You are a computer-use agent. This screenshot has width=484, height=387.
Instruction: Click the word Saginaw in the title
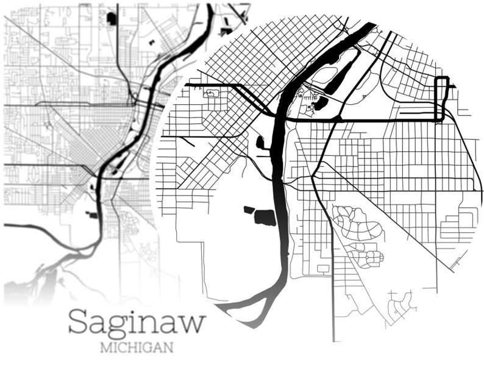pos(137,322)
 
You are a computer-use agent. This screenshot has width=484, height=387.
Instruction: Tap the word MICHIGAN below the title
pos(137,349)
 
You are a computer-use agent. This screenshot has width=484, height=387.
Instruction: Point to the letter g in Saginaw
pos(117,327)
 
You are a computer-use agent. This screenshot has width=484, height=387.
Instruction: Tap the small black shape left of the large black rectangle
pos(249,210)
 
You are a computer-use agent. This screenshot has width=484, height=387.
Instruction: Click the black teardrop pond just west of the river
pos(261,143)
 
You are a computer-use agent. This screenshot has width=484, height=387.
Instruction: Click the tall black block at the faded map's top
pos(112,18)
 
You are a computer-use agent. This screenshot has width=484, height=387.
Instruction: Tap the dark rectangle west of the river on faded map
pos(92,214)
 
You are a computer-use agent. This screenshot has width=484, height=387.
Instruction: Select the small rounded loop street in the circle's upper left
pos(212,93)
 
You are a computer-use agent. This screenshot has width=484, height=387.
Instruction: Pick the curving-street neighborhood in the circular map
pos(357,235)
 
